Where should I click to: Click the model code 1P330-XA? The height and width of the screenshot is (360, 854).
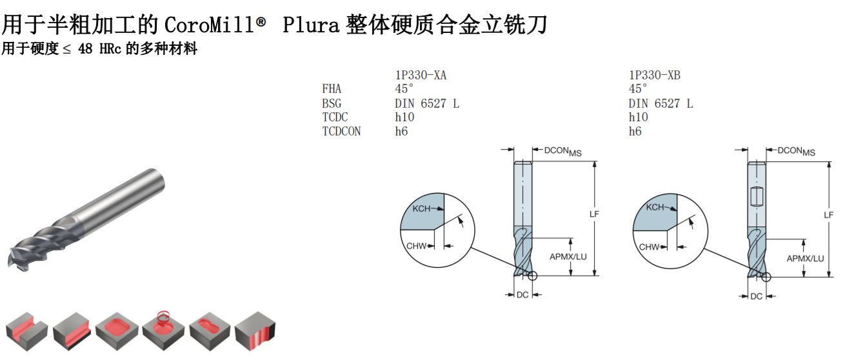click(421, 75)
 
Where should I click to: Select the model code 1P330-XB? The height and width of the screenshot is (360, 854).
click(654, 75)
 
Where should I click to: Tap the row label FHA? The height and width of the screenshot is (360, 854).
click(332, 89)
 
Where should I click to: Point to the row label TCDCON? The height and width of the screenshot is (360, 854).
click(341, 132)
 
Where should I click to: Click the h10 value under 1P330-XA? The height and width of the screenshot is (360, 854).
click(404, 117)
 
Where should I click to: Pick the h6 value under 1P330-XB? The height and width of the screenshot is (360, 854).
click(635, 132)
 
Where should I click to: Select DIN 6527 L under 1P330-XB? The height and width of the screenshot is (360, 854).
click(660, 103)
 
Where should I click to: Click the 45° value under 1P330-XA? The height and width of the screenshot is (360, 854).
click(404, 89)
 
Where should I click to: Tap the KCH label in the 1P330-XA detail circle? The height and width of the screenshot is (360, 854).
click(421, 208)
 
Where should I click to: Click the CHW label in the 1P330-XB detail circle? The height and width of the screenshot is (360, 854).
click(648, 247)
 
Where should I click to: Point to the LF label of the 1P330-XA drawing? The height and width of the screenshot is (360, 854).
click(594, 214)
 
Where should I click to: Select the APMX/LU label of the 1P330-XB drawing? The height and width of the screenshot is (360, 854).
click(805, 259)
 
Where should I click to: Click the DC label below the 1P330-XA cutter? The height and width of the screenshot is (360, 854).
click(522, 295)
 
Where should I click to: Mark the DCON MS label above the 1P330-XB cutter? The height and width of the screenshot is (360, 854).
click(796, 152)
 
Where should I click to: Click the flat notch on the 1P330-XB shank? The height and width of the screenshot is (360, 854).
click(757, 197)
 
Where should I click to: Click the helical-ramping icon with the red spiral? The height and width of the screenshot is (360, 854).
click(163, 330)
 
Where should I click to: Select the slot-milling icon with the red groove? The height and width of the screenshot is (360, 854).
click(26, 332)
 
